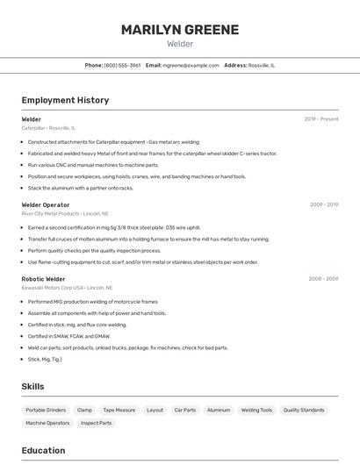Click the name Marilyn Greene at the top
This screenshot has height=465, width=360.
pos(180,30)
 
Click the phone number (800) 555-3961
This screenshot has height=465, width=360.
pos(122,65)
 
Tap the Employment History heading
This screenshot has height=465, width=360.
pos(65,100)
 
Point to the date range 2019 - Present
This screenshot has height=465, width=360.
pos(321,119)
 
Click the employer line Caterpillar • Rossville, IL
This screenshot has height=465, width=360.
pos(48,128)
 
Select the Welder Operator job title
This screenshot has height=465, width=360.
pos(46,204)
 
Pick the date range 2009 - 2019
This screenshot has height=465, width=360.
pos(324,204)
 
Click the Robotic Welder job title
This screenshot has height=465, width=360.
pos(44,279)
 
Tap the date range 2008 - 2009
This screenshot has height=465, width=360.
pos(324,279)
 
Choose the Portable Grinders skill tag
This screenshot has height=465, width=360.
pos(46,410)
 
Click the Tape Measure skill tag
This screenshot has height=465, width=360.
pos(119,410)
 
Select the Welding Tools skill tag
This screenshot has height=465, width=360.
pos(256,410)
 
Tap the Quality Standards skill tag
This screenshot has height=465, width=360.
pos(304,410)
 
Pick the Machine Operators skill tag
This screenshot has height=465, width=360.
pos(47,423)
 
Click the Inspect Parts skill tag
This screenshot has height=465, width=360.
pos(97,423)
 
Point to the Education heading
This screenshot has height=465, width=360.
pos(43,451)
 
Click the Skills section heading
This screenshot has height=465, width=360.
pos(32,386)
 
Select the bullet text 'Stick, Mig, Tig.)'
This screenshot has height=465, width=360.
pos(45,359)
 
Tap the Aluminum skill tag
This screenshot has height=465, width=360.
pos(219,410)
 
